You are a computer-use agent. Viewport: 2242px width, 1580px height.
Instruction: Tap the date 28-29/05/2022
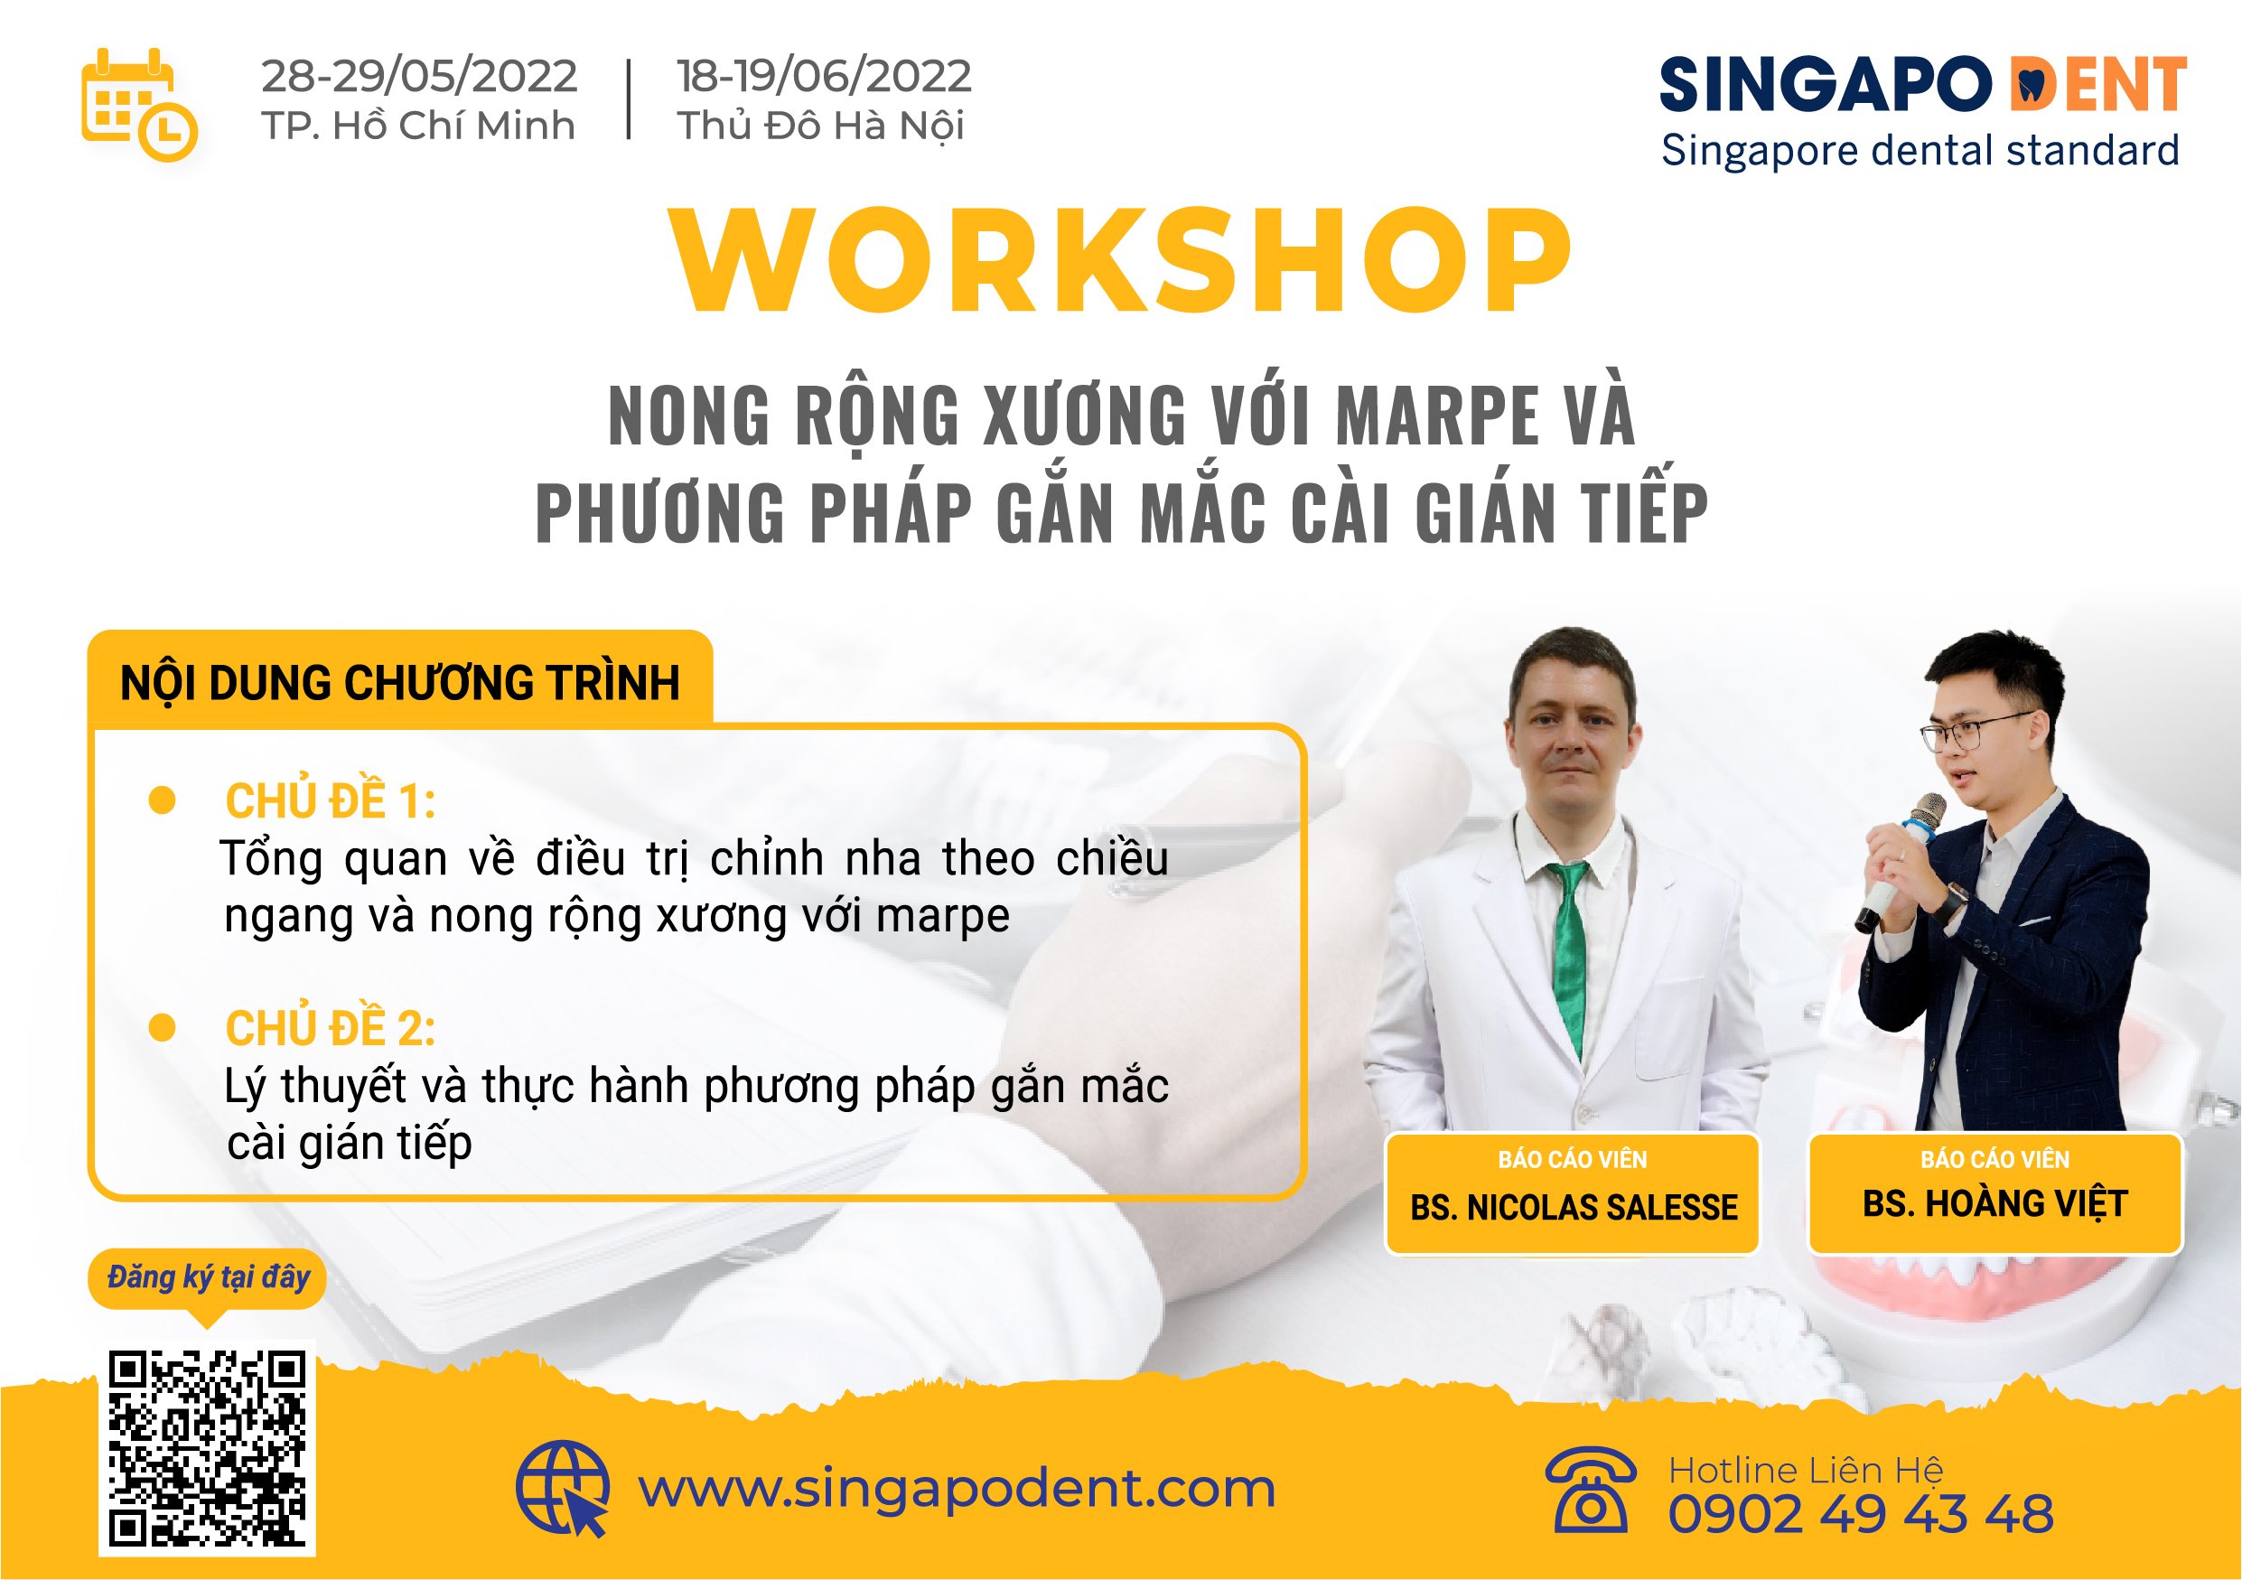419,76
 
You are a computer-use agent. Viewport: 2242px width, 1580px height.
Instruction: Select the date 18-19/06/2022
823,76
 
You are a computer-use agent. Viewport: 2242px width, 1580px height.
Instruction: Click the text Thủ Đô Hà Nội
820,126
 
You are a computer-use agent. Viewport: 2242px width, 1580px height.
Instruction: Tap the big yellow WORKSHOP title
1121,261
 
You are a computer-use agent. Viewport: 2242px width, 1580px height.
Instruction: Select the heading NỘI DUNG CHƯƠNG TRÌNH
399,683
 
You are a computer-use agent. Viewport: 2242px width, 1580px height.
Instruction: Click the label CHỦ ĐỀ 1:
330,801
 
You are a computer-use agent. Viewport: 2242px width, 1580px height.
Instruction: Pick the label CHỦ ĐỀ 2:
330,1028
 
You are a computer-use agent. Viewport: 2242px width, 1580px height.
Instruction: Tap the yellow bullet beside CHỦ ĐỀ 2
162,1027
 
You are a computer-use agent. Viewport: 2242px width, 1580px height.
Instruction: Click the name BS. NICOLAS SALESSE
1574,1207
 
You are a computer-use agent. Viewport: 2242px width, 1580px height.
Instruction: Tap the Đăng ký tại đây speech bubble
207,1277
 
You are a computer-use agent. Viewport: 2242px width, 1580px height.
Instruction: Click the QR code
207,1447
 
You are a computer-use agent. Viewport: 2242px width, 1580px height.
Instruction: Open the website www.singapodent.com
956,1489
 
